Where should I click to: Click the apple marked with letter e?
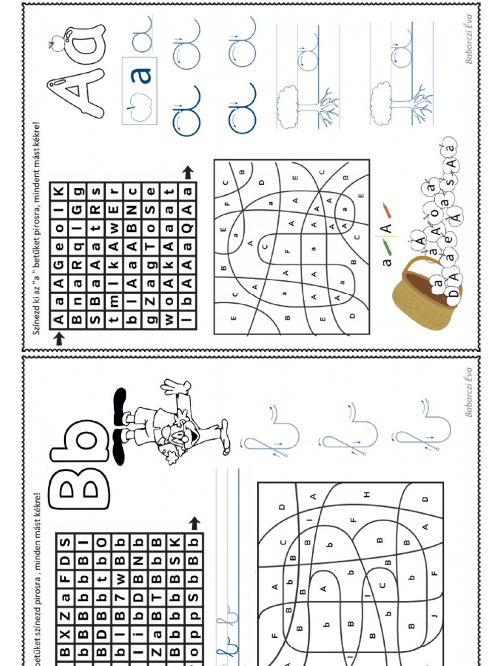point(448,239)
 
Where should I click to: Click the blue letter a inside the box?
point(140,75)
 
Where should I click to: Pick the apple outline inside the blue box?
point(139,107)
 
